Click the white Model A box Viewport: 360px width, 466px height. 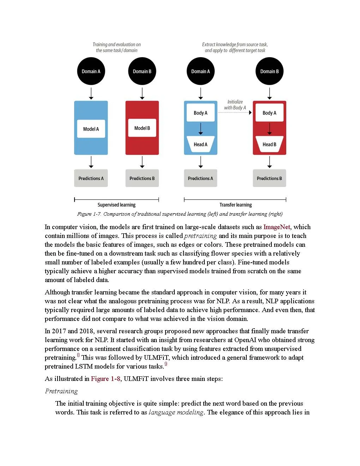[x=91, y=129]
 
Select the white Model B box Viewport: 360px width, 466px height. [x=142, y=128]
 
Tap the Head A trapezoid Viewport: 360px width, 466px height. [x=200, y=144]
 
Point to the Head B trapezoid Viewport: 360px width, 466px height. [x=269, y=144]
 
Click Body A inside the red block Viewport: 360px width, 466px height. [x=269, y=113]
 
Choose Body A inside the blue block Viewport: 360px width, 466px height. [x=200, y=113]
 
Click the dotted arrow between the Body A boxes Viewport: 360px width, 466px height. [x=235, y=113]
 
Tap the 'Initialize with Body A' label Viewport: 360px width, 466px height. [x=235, y=104]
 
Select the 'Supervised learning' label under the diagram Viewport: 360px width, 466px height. [x=116, y=205]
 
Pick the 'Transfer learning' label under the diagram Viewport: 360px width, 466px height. [x=235, y=205]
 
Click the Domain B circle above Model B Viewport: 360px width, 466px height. [x=142, y=71]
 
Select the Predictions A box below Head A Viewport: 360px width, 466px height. [x=200, y=178]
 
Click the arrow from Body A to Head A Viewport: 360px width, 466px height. [x=200, y=129]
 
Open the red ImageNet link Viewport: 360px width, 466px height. [x=277, y=227]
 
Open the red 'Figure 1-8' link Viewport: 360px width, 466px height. [x=106, y=379]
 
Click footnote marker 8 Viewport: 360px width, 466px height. [x=78, y=355]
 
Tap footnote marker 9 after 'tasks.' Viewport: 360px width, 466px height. [x=166, y=364]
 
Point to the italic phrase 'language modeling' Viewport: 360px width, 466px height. [x=176, y=412]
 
